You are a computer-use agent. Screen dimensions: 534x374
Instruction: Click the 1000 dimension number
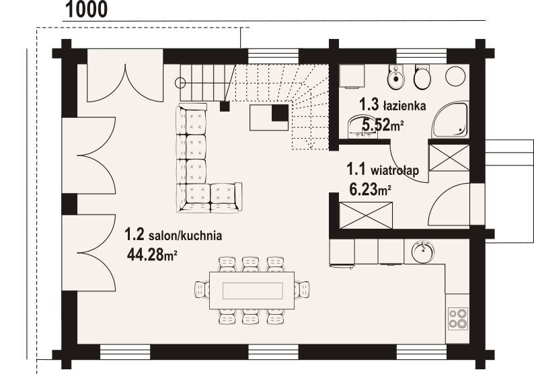pyautogui.click(x=86, y=9)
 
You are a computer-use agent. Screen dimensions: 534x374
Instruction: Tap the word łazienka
pyautogui.click(x=405, y=106)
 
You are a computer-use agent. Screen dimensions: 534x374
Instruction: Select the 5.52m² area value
pyautogui.click(x=383, y=125)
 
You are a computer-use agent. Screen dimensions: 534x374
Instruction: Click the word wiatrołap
pyautogui.click(x=395, y=170)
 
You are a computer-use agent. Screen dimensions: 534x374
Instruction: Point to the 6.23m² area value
pyautogui.click(x=370, y=190)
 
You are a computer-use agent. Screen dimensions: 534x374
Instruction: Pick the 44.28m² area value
pyautogui.click(x=152, y=254)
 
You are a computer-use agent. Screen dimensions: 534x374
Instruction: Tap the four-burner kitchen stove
pyautogui.click(x=458, y=318)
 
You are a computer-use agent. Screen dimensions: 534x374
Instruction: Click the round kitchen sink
pyautogui.click(x=422, y=251)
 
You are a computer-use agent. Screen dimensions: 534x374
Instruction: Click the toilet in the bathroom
pyautogui.click(x=422, y=77)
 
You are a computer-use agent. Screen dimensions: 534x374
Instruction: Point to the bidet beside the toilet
pyautogui.click(x=395, y=77)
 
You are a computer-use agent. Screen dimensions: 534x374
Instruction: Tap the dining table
pyautogui.click(x=252, y=290)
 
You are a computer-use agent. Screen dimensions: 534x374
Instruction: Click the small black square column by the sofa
pyautogui.click(x=225, y=106)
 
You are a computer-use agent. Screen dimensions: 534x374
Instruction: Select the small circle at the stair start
pyautogui.click(x=180, y=83)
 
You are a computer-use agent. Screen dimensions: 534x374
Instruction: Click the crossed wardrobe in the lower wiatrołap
pyautogui.click(x=366, y=216)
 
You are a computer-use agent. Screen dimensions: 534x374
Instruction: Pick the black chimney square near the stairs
pyautogui.click(x=280, y=113)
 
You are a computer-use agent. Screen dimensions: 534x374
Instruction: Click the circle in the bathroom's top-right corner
pyautogui.click(x=455, y=76)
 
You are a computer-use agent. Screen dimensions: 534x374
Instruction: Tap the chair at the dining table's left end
pyautogui.click(x=202, y=290)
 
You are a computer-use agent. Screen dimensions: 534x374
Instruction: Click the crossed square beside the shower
pyautogui.click(x=449, y=157)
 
